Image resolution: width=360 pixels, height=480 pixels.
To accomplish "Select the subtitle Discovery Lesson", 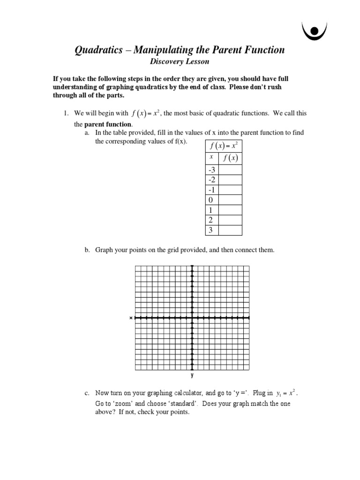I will point(180,61).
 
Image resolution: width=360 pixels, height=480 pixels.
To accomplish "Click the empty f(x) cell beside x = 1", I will point(230,210).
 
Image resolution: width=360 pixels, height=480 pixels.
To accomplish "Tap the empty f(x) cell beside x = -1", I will point(230,190).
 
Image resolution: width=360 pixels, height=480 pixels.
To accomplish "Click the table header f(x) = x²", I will point(224,145).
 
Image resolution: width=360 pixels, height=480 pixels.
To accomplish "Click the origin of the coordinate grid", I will point(192,318).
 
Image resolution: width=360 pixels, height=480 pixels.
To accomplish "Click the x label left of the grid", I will point(131,318).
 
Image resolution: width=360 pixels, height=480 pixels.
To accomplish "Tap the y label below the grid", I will point(192,375).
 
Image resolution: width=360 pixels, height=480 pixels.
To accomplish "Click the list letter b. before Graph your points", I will point(87,250).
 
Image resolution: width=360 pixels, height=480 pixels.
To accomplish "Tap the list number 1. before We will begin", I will point(67,113).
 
